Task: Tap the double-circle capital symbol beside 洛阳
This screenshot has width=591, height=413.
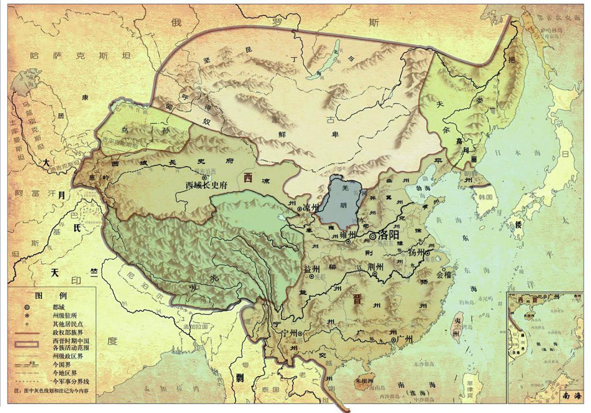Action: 373,237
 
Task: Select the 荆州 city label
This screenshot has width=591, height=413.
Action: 375,266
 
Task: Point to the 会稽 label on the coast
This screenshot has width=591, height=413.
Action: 445,275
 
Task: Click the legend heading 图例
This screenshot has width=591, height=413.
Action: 52,296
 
